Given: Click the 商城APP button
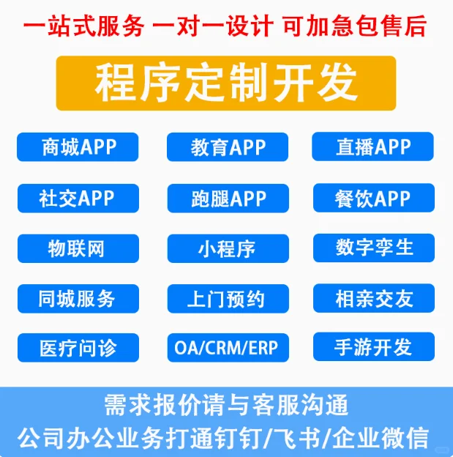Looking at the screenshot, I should tap(78, 146).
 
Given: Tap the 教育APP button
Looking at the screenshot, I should tap(227, 147).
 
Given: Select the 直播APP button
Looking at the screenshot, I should tap(373, 146).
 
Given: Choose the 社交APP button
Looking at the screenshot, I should tap(78, 198).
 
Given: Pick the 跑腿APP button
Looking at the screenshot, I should tap(227, 198).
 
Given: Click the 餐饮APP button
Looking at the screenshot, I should tap(373, 198).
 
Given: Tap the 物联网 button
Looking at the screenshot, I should tap(78, 248).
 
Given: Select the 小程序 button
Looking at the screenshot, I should tap(227, 248).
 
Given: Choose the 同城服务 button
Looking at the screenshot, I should tap(78, 298).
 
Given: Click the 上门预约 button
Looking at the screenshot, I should tap(227, 299).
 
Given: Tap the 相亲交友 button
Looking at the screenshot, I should tap(373, 298).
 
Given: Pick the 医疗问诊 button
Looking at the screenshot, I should tap(78, 346).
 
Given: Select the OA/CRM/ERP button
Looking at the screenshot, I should tap(227, 347).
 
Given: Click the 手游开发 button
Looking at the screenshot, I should tap(373, 346).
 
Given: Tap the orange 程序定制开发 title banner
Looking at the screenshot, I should tap(226, 83).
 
